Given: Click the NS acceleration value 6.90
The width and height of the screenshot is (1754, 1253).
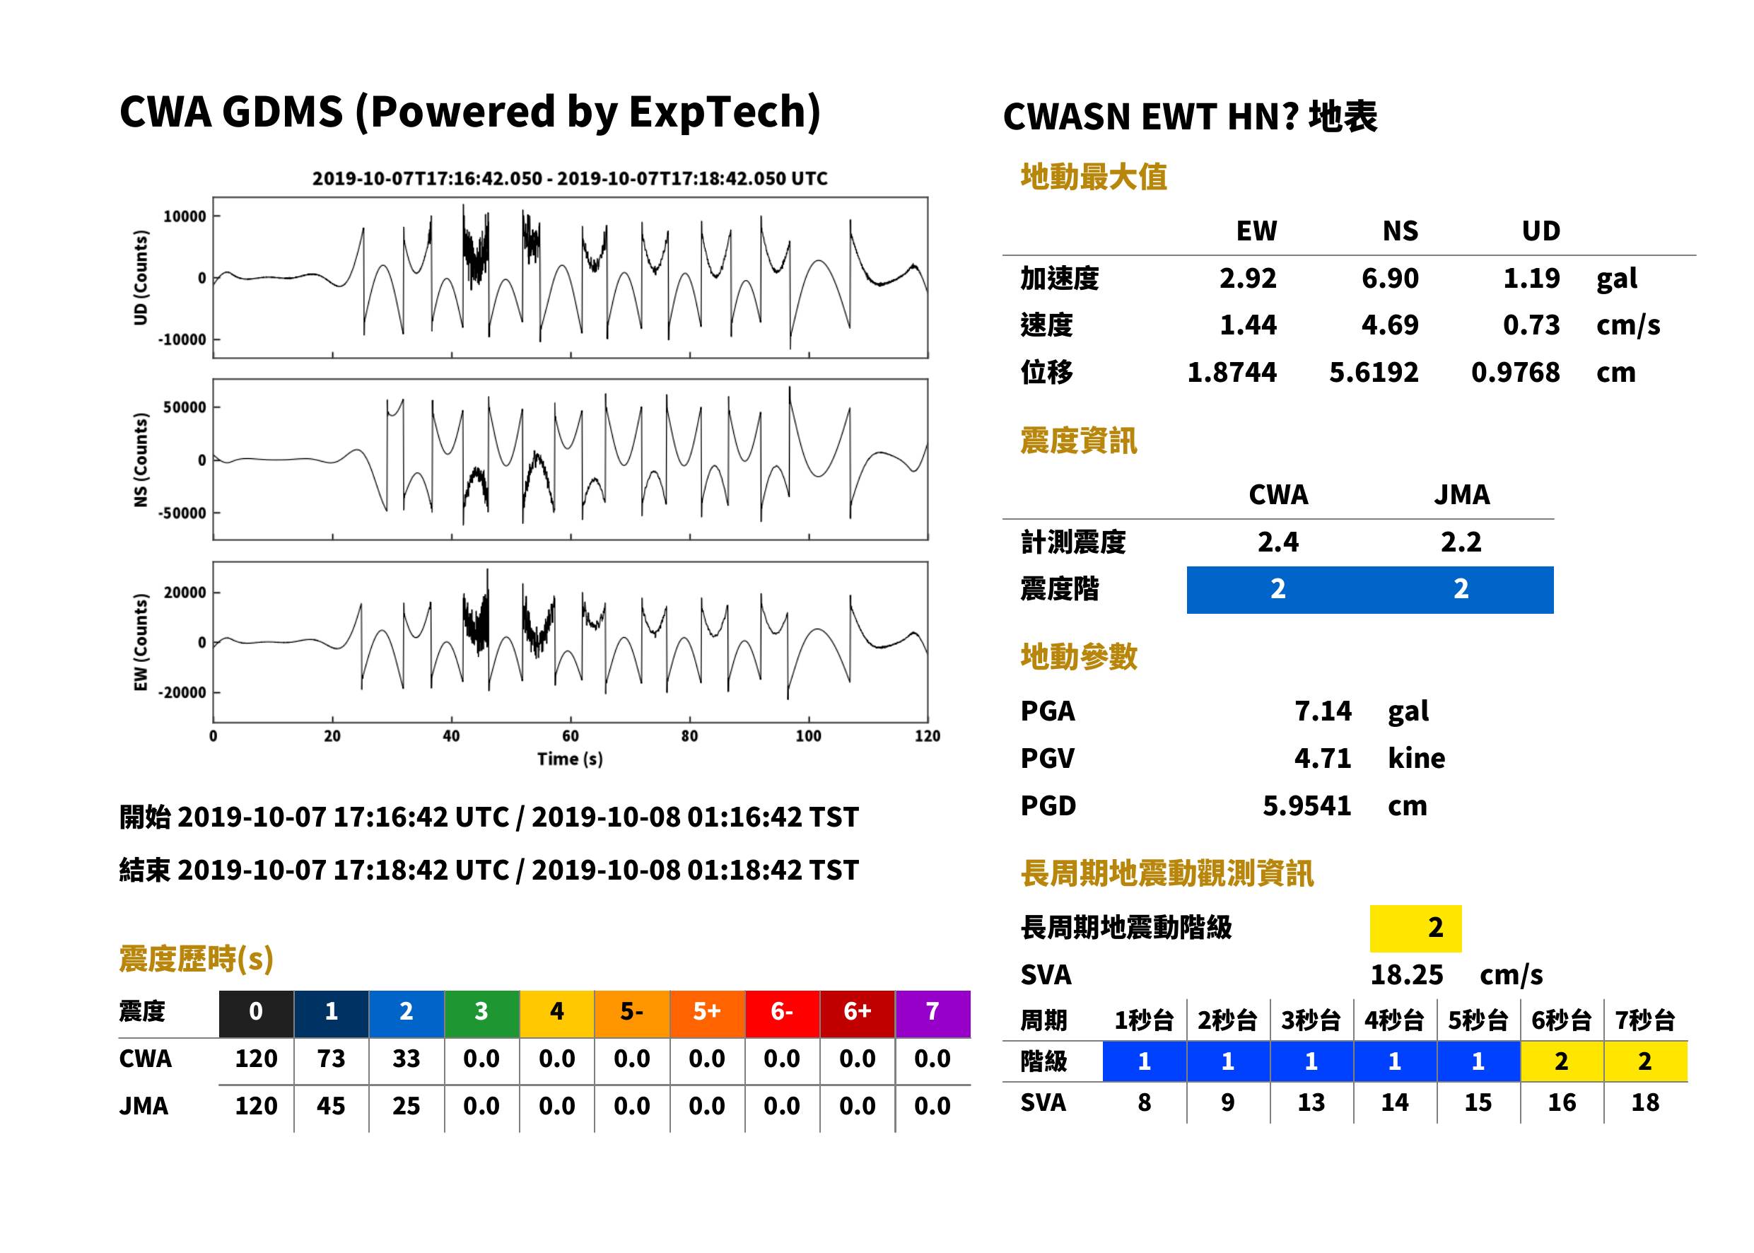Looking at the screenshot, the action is [x=1389, y=278].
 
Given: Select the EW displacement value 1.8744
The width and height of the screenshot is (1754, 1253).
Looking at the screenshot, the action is [x=1231, y=372].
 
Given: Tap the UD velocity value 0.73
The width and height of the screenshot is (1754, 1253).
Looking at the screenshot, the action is [x=1531, y=325].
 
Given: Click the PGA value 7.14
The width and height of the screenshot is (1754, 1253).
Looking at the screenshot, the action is [x=1323, y=711].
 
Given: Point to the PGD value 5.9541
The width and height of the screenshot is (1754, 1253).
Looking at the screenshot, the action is [x=1306, y=805].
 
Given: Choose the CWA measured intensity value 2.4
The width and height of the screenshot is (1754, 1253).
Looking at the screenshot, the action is [x=1278, y=542].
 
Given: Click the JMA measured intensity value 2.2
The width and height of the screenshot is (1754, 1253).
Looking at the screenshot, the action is [x=1461, y=542].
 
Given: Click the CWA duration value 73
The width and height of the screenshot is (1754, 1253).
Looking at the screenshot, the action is [x=331, y=1058].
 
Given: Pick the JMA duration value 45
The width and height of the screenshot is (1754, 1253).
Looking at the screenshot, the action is [x=331, y=1106].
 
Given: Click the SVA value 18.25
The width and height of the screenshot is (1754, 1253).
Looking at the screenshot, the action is [x=1406, y=974].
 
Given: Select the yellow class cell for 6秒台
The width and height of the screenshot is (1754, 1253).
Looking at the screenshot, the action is [x=1562, y=1061].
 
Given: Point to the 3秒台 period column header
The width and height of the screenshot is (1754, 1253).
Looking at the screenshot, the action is [x=1311, y=1020].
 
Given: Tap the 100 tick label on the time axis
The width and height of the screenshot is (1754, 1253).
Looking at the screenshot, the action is [x=808, y=735].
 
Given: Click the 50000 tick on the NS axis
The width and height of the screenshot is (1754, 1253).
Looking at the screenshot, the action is [x=185, y=407].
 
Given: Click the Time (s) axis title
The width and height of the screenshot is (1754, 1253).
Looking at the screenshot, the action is [x=570, y=759].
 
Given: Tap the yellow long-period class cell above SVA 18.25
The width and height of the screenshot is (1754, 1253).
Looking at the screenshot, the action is [x=1415, y=928].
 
